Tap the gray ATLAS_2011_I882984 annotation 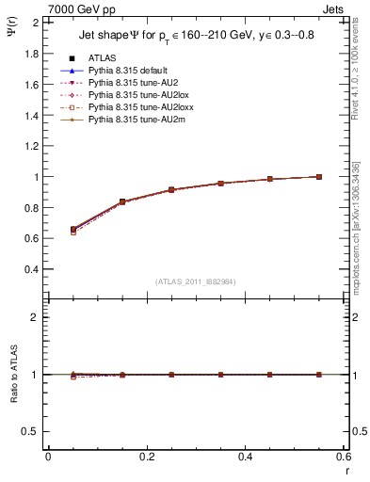coord(195,281)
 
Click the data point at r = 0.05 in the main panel coord(48,229)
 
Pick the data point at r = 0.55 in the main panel coord(319,177)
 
